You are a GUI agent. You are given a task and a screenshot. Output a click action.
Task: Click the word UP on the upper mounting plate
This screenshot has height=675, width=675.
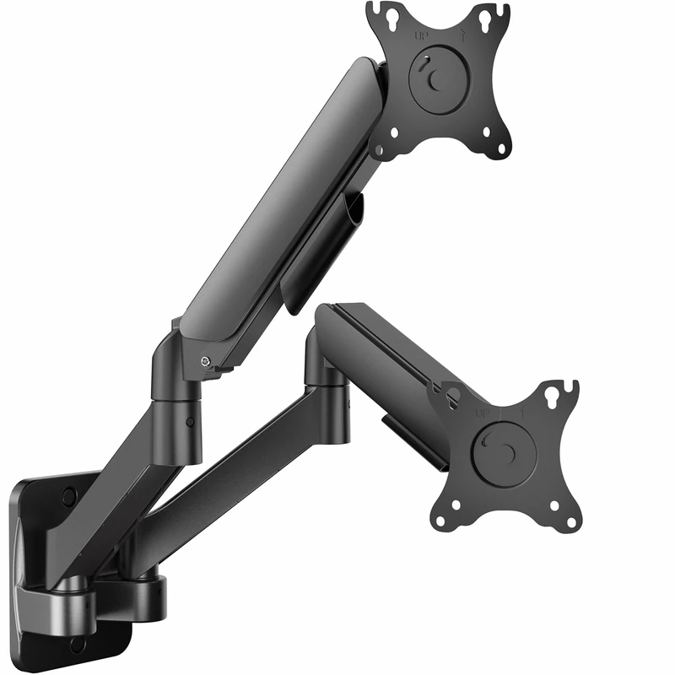[x=420, y=36]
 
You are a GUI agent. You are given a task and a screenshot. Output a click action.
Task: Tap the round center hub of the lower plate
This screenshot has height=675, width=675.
[x=505, y=453]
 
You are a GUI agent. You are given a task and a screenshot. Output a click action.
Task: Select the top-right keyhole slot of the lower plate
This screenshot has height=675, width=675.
[x=553, y=392]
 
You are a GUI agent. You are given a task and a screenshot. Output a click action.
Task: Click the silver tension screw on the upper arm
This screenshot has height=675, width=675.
[x=205, y=361]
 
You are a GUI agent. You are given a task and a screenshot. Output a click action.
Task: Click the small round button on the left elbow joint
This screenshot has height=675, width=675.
[x=189, y=422]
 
